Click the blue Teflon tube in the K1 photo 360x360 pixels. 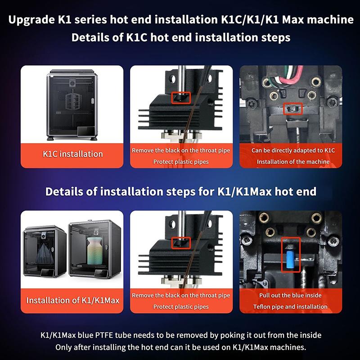click(290, 259)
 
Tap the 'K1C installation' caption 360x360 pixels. click(73, 154)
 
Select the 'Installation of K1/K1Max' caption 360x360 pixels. click(73, 300)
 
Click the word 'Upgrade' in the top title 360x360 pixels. click(31, 20)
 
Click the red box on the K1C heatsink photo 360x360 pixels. click(181, 98)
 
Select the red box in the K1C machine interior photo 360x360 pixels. click(293, 108)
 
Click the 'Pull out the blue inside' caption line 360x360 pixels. click(290, 295)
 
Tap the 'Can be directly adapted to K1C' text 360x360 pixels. click(293, 150)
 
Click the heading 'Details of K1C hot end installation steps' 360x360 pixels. click(181, 37)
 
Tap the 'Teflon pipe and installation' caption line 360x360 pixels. click(290, 307)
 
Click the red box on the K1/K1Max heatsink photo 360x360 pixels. click(181, 243)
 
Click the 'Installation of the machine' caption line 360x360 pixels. click(293, 162)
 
